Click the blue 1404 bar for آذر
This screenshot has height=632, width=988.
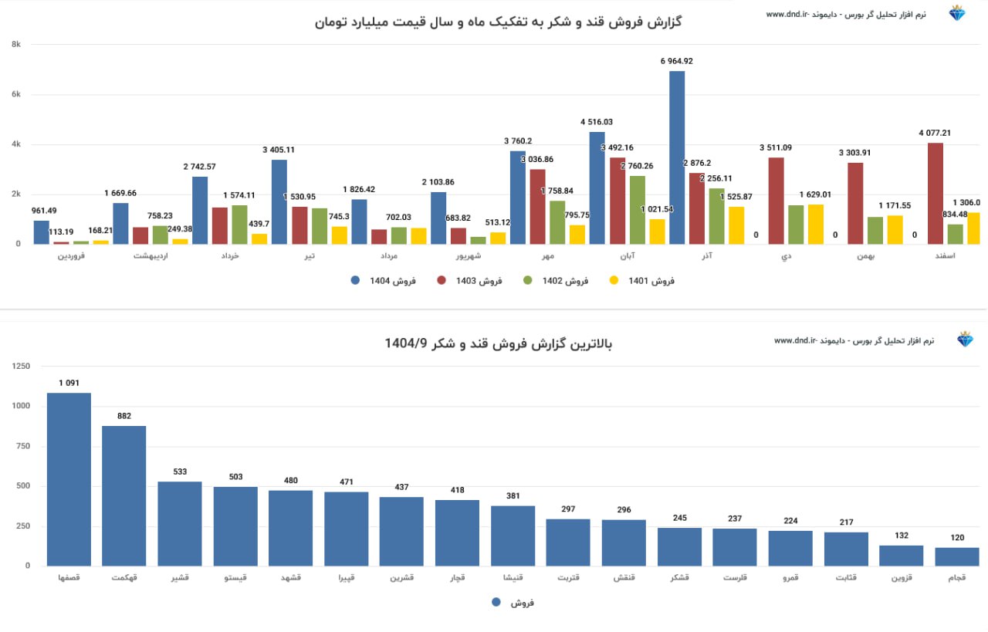tap(677, 158)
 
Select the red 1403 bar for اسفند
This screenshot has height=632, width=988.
tap(936, 194)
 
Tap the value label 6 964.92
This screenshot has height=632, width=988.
tap(677, 61)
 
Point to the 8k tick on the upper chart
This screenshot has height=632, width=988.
tap(15, 45)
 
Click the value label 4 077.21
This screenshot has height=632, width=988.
tap(935, 133)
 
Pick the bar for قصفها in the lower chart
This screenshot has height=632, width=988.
tap(69, 479)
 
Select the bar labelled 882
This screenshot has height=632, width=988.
tap(124, 496)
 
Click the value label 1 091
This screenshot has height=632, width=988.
tap(69, 383)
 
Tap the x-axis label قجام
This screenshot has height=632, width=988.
tap(957, 577)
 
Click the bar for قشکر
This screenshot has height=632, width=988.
tap(679, 546)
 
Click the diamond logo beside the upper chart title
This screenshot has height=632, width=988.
tap(958, 13)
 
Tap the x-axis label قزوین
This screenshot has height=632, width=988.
tap(902, 577)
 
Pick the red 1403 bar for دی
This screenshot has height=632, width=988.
tap(777, 201)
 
